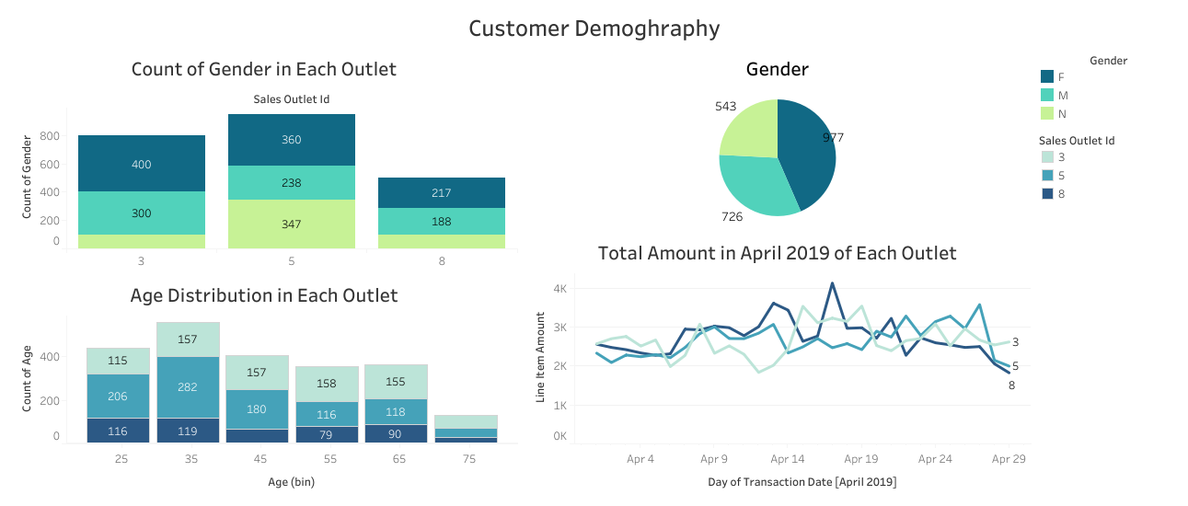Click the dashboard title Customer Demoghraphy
594,29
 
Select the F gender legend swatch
1047,77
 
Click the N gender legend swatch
1047,114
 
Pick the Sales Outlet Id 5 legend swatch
1047,176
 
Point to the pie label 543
725,107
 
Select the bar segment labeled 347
292,224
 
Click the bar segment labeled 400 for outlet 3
141,164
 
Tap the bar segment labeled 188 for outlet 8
442,222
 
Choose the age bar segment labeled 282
189,387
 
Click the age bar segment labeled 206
118,396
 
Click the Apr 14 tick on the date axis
787,458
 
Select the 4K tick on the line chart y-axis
559,289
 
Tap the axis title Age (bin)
291,480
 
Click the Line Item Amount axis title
542,357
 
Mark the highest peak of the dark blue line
832,283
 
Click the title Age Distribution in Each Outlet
264,295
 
